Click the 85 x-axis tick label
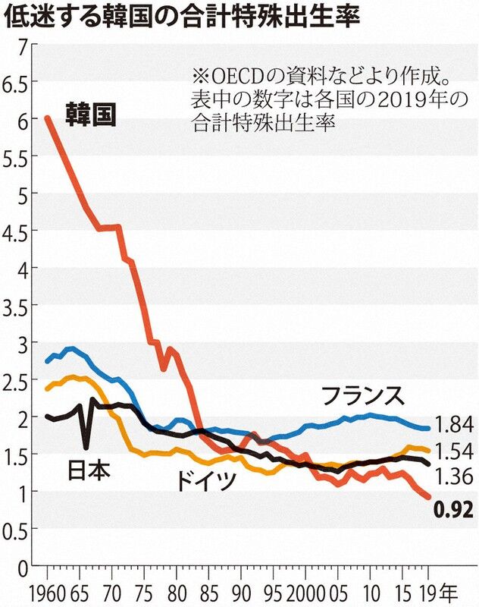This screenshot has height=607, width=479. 206,591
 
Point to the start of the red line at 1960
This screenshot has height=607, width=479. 48,118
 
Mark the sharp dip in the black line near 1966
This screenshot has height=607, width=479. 85,446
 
